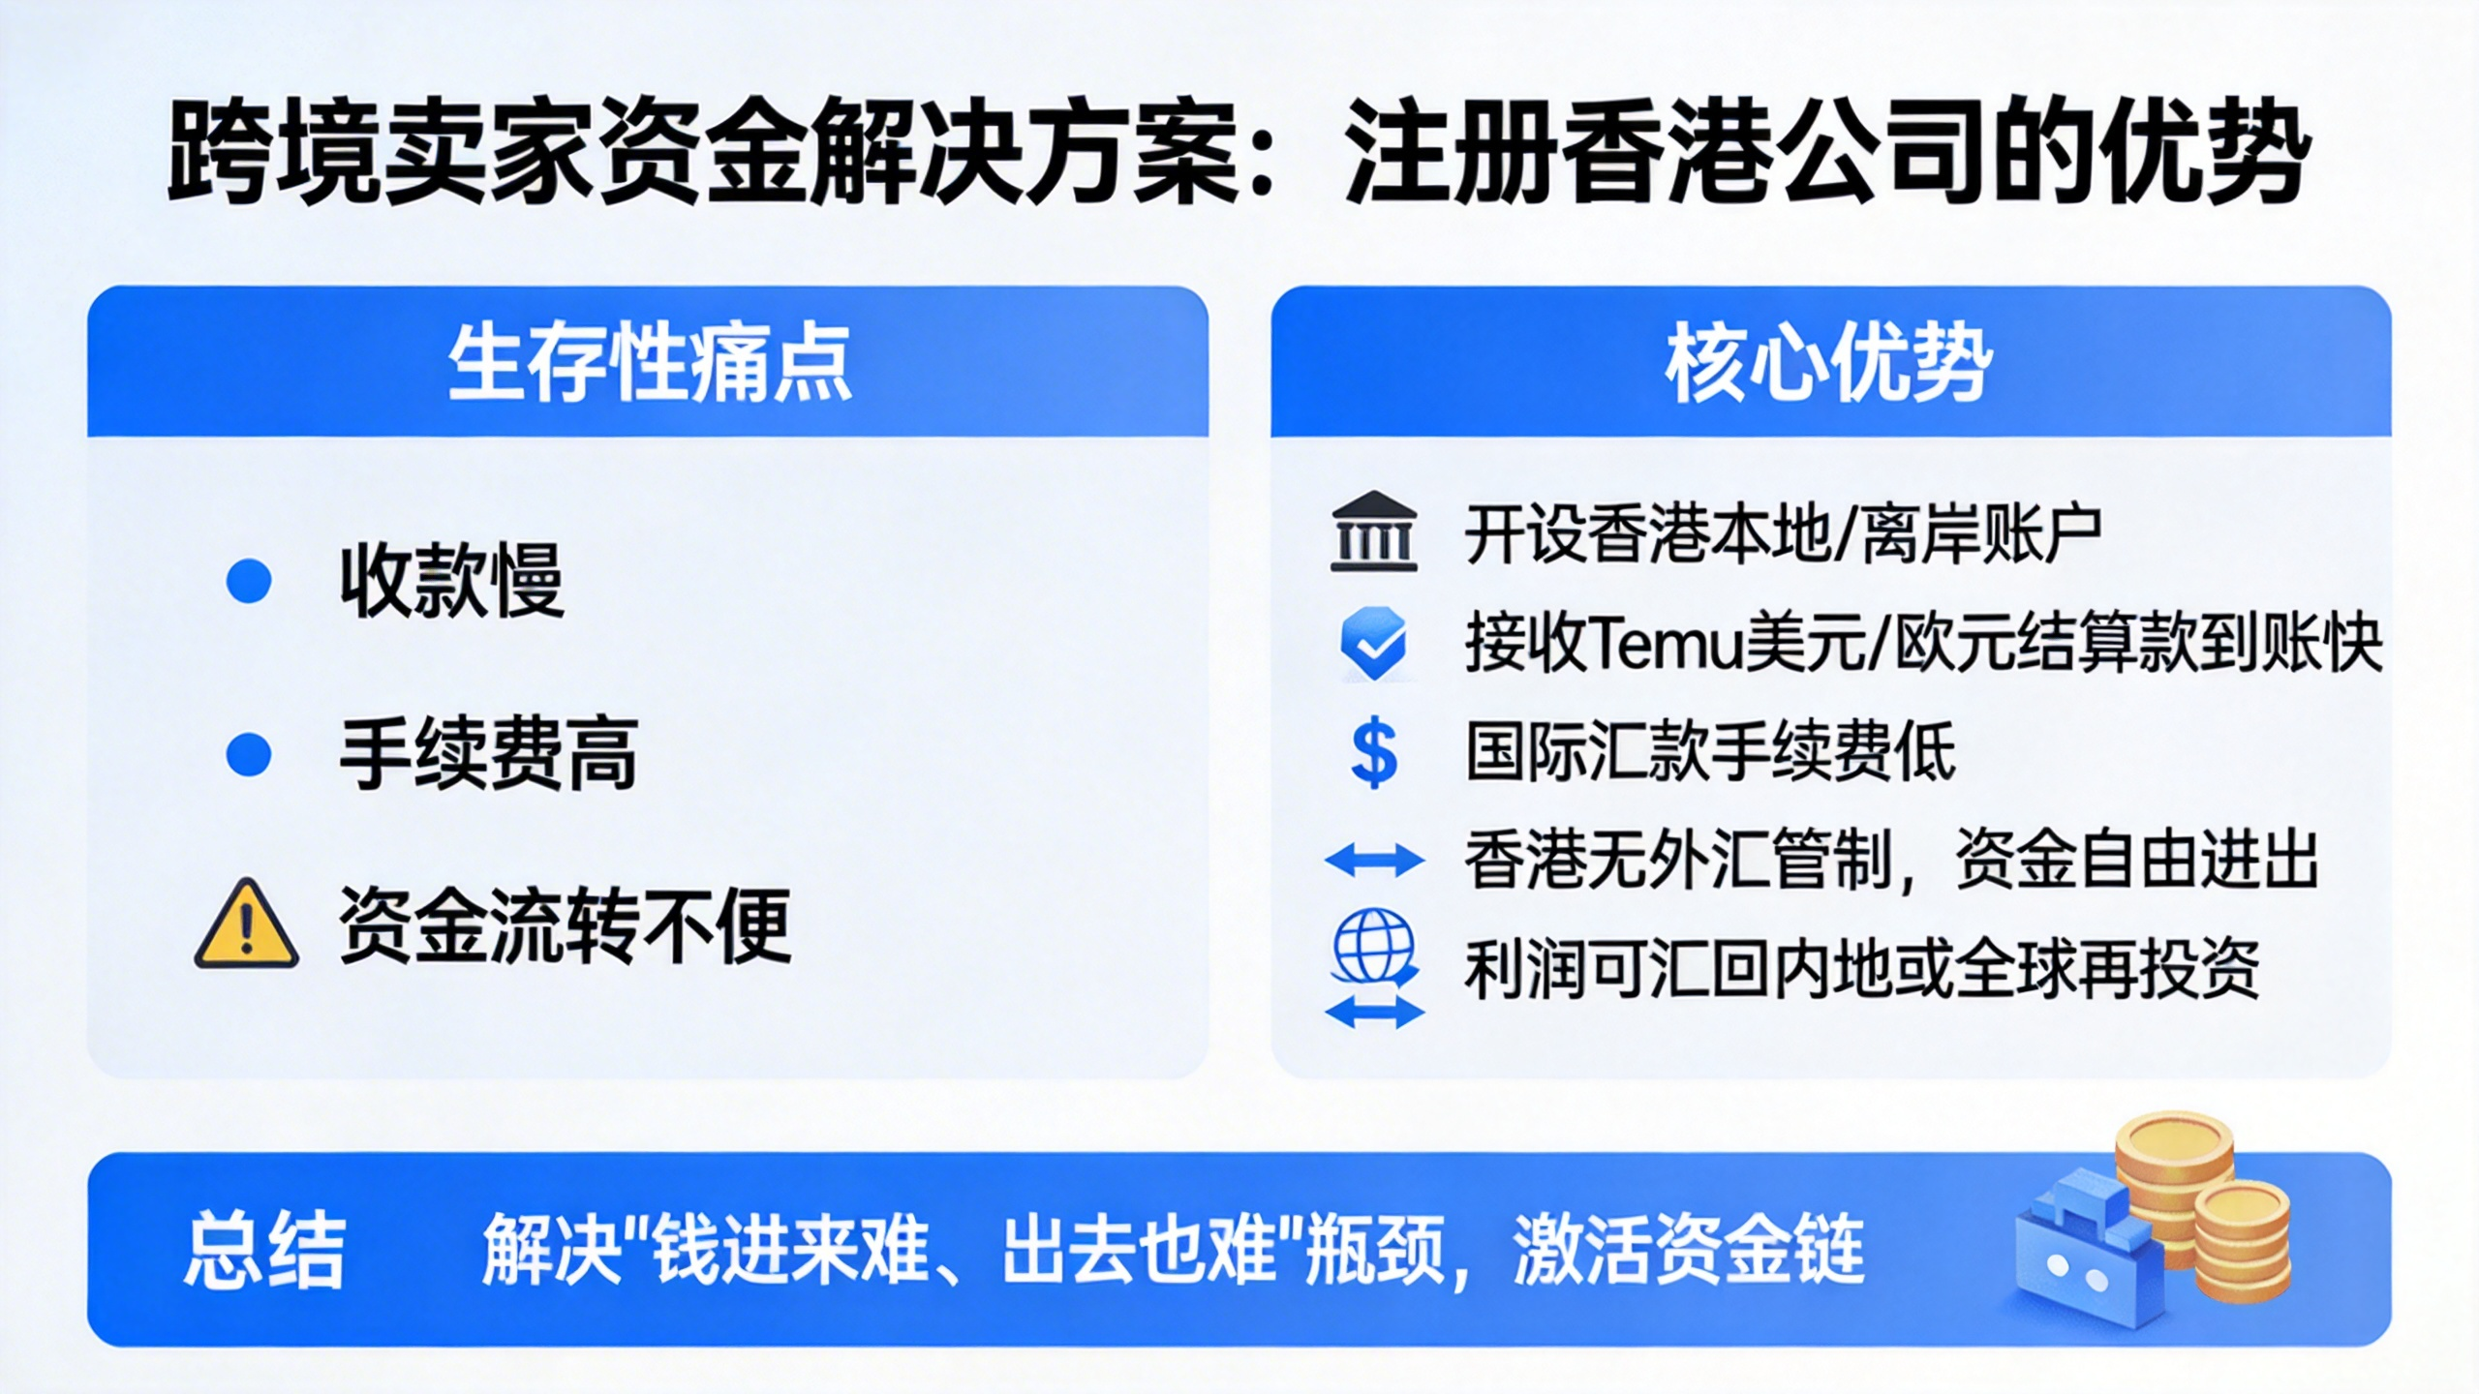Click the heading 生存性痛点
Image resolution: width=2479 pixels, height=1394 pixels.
pos(650,364)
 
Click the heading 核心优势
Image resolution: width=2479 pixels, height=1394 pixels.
pos(1829,364)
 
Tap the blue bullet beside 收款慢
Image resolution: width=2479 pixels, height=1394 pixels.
pos(249,581)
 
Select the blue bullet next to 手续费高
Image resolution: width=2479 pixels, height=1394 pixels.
pos(249,754)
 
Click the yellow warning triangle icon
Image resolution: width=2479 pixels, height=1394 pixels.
pos(247,925)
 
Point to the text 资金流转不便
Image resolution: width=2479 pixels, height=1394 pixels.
pos(566,925)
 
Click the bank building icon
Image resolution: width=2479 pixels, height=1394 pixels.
pos(1374,531)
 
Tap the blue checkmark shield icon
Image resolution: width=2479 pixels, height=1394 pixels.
pos(1374,644)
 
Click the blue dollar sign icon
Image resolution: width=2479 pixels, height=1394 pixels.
pos(1374,755)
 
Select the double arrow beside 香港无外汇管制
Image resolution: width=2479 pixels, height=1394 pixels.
pos(1374,860)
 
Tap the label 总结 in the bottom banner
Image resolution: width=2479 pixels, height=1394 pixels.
pos(264,1250)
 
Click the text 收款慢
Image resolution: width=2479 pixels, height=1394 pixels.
pos(451,581)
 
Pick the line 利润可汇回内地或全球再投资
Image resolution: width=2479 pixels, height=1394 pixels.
pos(1861,969)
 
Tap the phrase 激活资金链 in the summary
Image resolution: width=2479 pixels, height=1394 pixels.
pos(1689,1250)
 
